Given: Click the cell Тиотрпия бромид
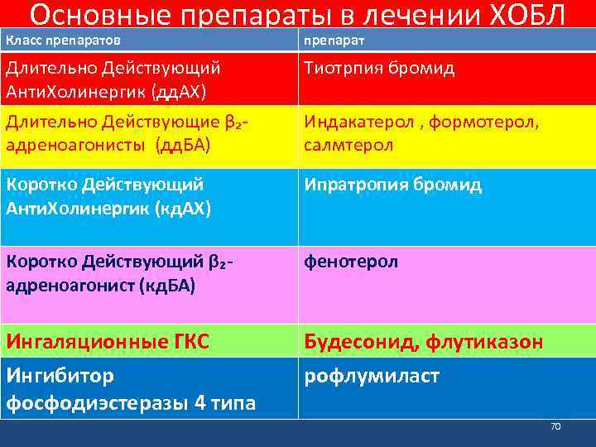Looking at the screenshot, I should [x=379, y=68].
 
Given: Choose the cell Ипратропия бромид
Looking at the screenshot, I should [x=392, y=185].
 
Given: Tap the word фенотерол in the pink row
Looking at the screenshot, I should [x=351, y=262].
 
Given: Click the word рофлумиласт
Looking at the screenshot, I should [x=372, y=377].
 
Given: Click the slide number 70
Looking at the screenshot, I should [x=555, y=426].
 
